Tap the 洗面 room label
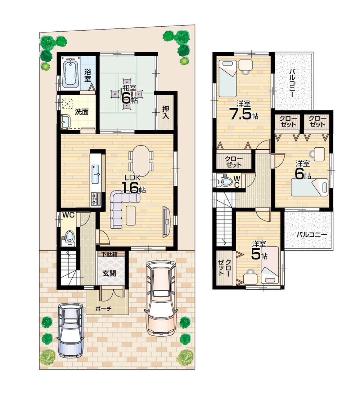point(82,112)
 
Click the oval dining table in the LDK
point(140,160)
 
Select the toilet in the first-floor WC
point(69,236)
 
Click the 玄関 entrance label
point(109,273)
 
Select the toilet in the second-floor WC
point(226,181)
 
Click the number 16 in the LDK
point(130,188)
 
